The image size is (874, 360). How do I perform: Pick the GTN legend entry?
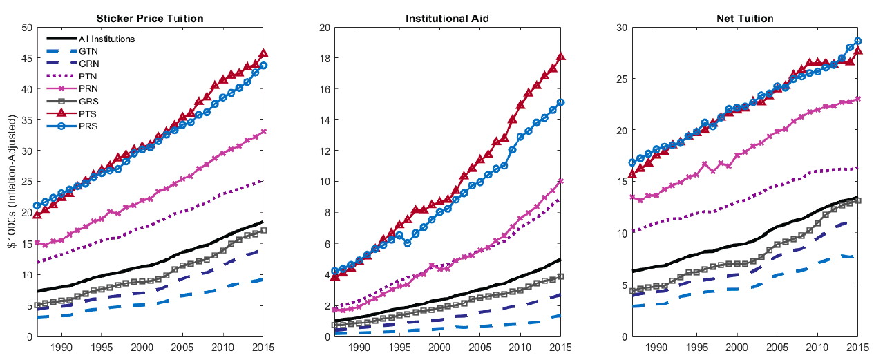[88, 51]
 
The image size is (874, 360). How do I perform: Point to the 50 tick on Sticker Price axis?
[27, 28]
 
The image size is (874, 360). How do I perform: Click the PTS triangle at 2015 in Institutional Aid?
[562, 57]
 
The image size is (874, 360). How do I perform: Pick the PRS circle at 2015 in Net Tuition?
[858, 41]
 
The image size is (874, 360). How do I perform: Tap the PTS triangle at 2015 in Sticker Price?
[263, 53]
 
